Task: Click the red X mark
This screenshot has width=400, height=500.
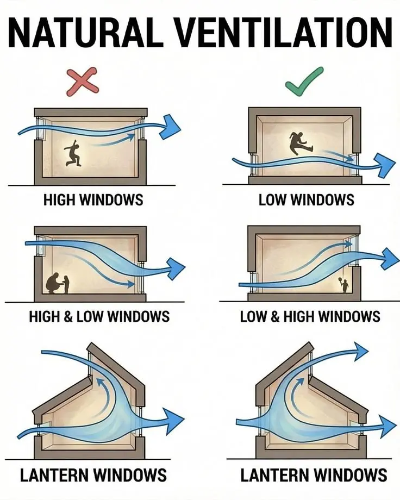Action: [x=83, y=82]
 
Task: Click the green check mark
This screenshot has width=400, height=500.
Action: [x=303, y=81]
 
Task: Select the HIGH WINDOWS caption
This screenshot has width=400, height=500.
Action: [x=93, y=200]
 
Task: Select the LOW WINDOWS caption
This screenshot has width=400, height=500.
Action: [x=306, y=200]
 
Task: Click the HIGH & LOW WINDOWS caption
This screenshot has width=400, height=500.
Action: [x=99, y=317]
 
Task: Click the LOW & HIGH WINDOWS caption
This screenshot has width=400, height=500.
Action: [x=310, y=317]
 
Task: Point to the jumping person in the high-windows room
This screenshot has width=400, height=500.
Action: [x=73, y=153]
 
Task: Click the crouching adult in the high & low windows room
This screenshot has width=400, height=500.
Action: [x=54, y=283]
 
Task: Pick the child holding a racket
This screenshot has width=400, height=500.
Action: [x=344, y=284]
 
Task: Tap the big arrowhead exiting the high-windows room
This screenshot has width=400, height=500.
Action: [x=170, y=127]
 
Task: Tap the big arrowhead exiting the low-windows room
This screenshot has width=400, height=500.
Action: [x=385, y=165]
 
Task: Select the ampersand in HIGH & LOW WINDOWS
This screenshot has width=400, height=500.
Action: [x=69, y=317]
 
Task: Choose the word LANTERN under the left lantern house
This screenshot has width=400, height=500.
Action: [x=54, y=475]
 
